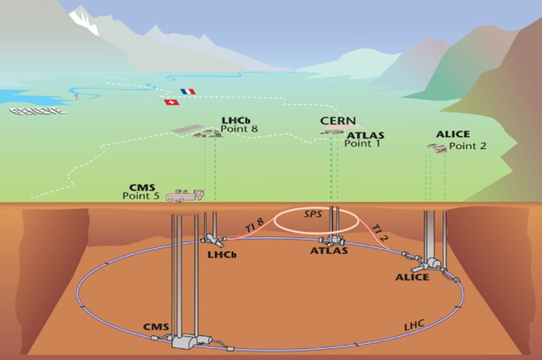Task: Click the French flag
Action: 187,91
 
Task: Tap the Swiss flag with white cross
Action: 171,102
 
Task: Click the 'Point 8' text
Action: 239,130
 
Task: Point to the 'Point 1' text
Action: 362,144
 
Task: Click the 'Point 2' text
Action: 467,146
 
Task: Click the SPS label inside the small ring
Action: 314,216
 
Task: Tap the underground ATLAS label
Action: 329,251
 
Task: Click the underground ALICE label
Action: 412,277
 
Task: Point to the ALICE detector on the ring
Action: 434,263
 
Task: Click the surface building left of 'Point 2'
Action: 436,148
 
